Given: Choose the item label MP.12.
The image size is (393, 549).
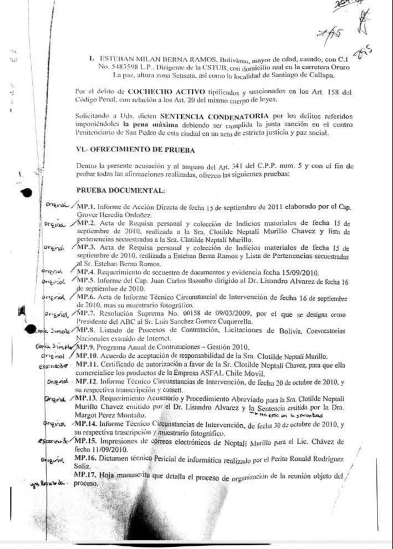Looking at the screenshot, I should point(84,383).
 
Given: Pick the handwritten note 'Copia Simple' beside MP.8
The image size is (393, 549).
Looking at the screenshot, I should point(52,331).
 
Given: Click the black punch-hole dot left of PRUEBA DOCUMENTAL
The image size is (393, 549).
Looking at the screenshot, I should point(26,192).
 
